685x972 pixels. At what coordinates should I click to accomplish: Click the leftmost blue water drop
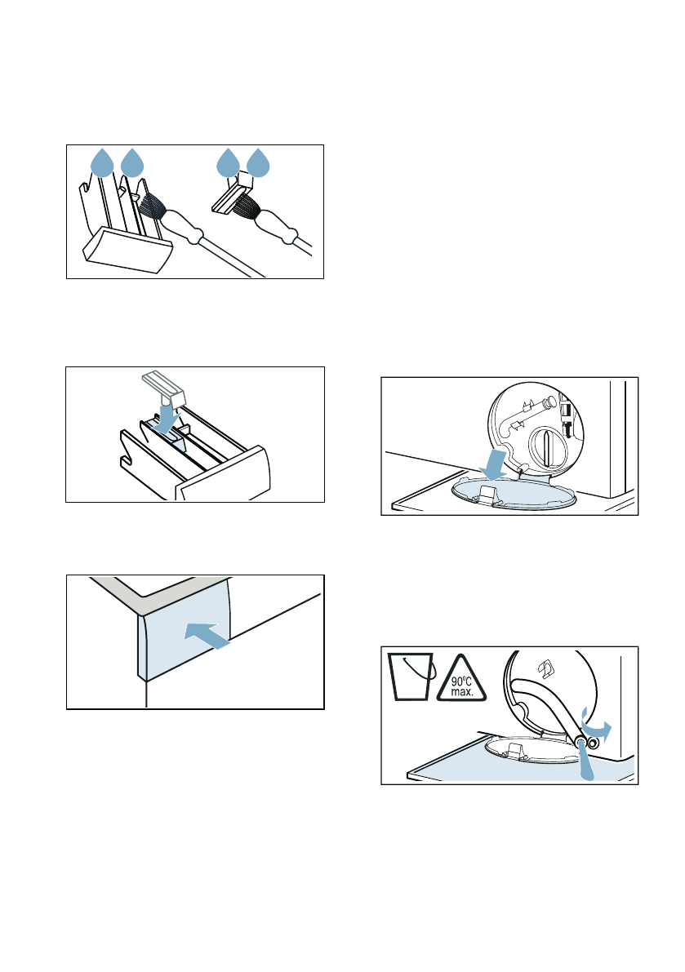[102, 163]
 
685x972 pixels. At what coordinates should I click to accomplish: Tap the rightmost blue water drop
[258, 163]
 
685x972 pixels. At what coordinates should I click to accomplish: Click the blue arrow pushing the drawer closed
[207, 636]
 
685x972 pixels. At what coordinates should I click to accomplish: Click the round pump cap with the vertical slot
[548, 445]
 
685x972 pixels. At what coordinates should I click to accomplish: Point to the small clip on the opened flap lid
[487, 494]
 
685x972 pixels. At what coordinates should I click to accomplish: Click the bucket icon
[411, 677]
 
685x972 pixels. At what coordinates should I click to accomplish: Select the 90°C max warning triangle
[461, 678]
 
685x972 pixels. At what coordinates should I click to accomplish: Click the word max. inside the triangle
[462, 692]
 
